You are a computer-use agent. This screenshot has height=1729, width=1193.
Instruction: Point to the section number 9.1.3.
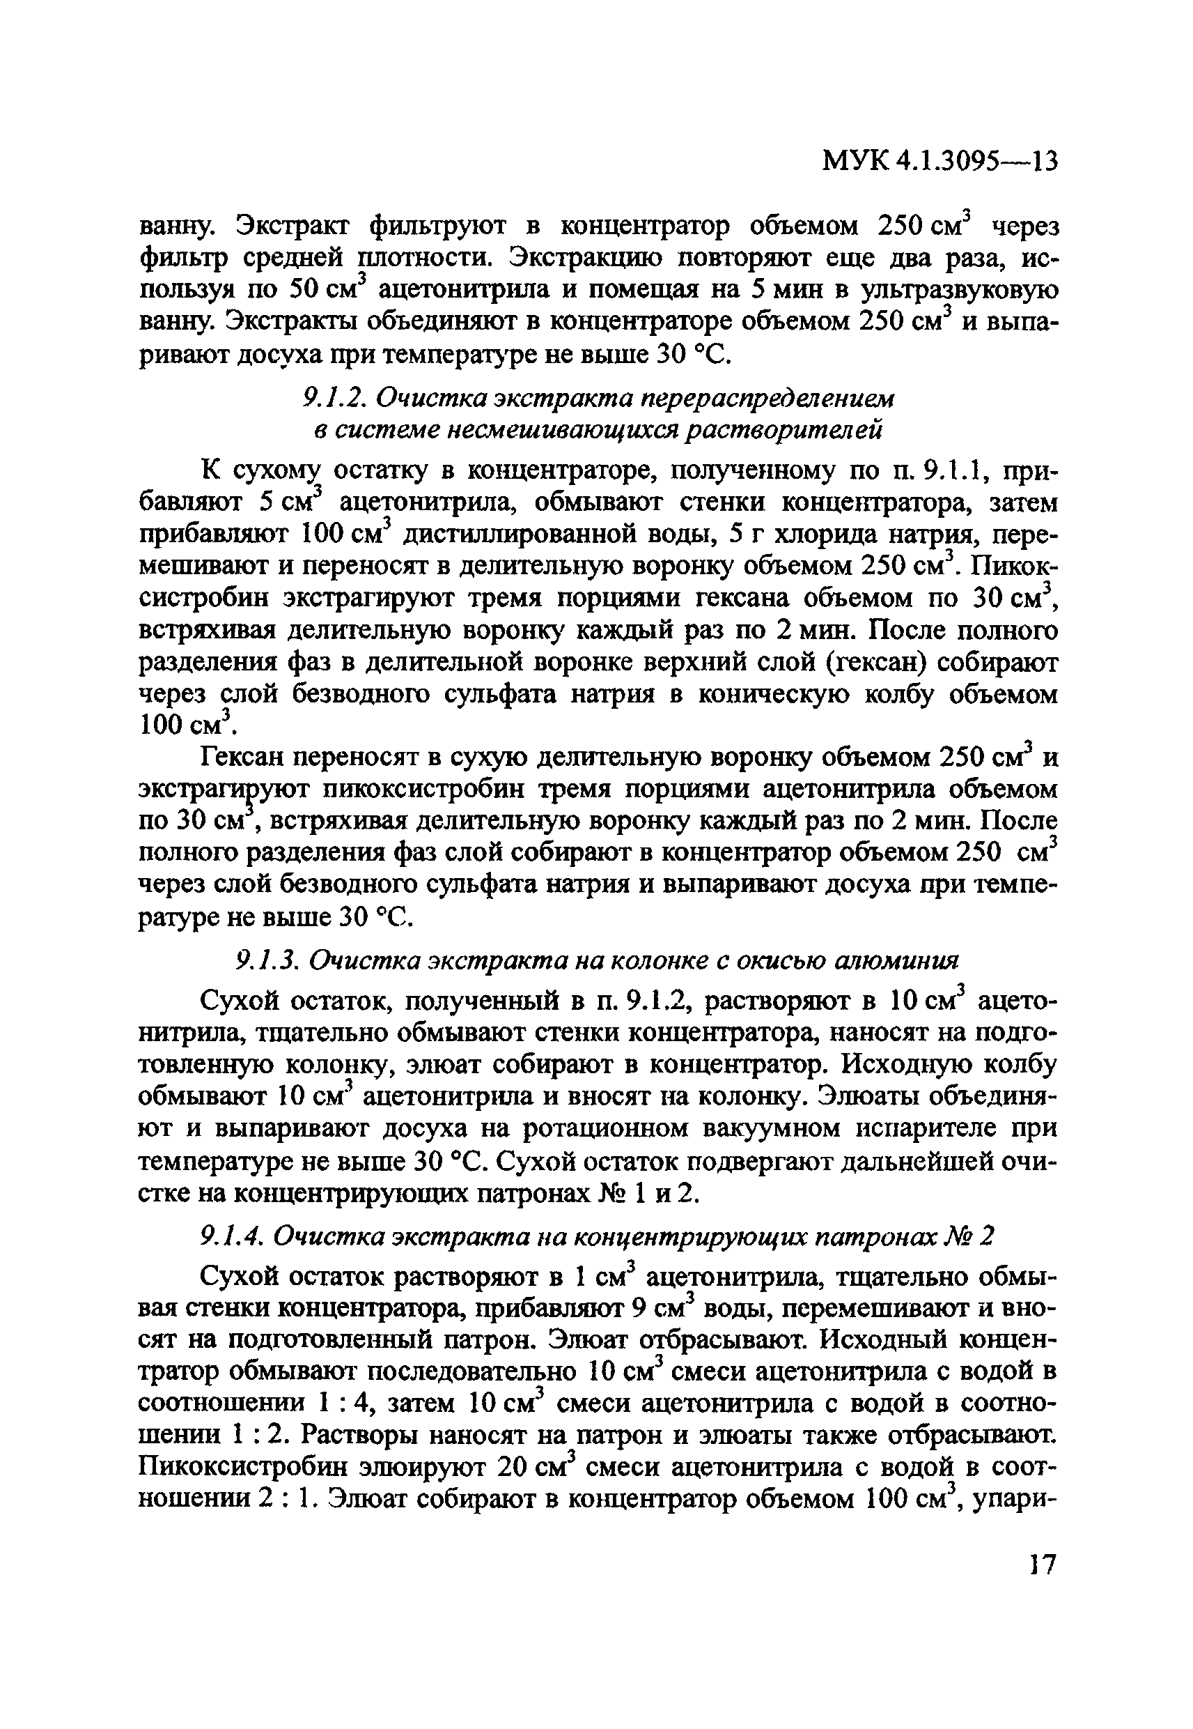pos(265,960)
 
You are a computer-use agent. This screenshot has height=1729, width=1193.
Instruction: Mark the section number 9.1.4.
pos(231,1237)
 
